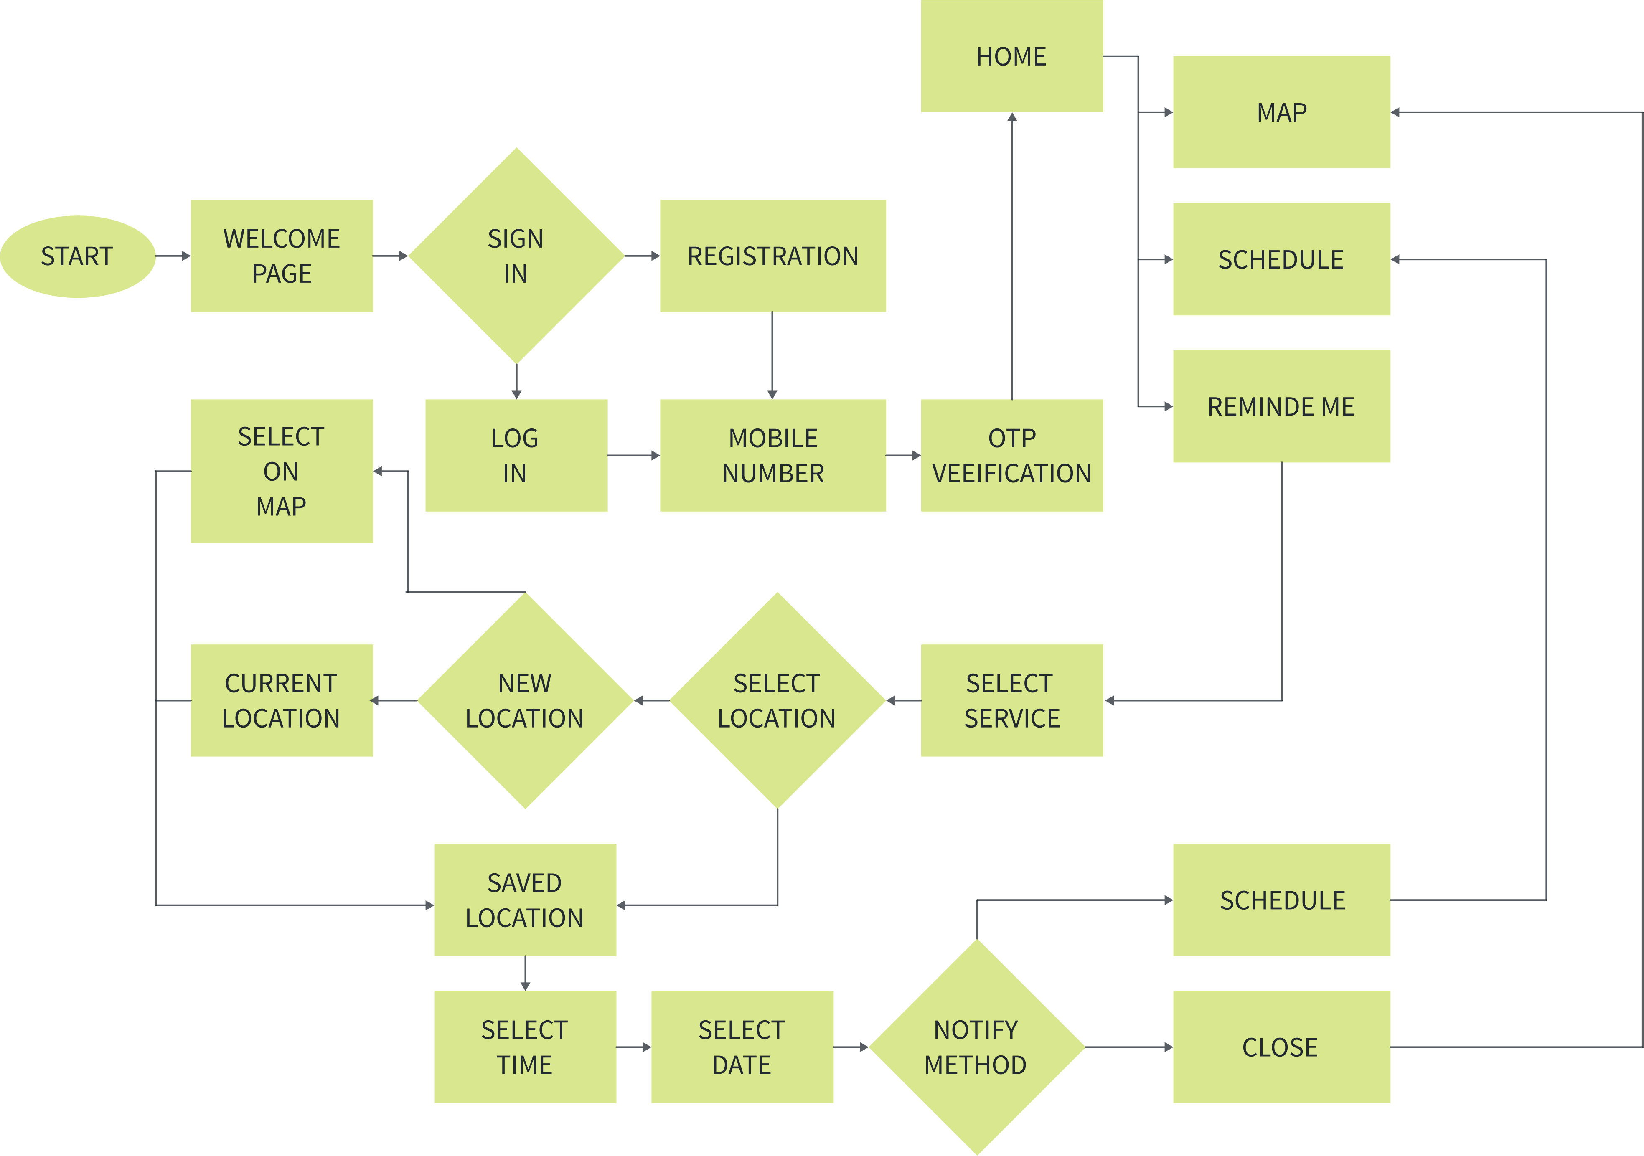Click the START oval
click(x=77, y=256)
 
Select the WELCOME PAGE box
click(x=282, y=256)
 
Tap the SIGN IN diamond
click(x=516, y=256)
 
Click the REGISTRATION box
click(x=772, y=256)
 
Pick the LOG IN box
click(x=516, y=455)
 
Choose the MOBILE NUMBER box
click(x=772, y=455)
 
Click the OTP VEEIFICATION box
click(x=1011, y=455)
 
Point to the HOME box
click(x=1011, y=56)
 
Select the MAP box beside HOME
click(x=1281, y=112)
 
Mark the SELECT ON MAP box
click(x=282, y=471)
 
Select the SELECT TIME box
click(x=525, y=1047)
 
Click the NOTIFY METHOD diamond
click(x=977, y=1047)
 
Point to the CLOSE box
click(x=1281, y=1047)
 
